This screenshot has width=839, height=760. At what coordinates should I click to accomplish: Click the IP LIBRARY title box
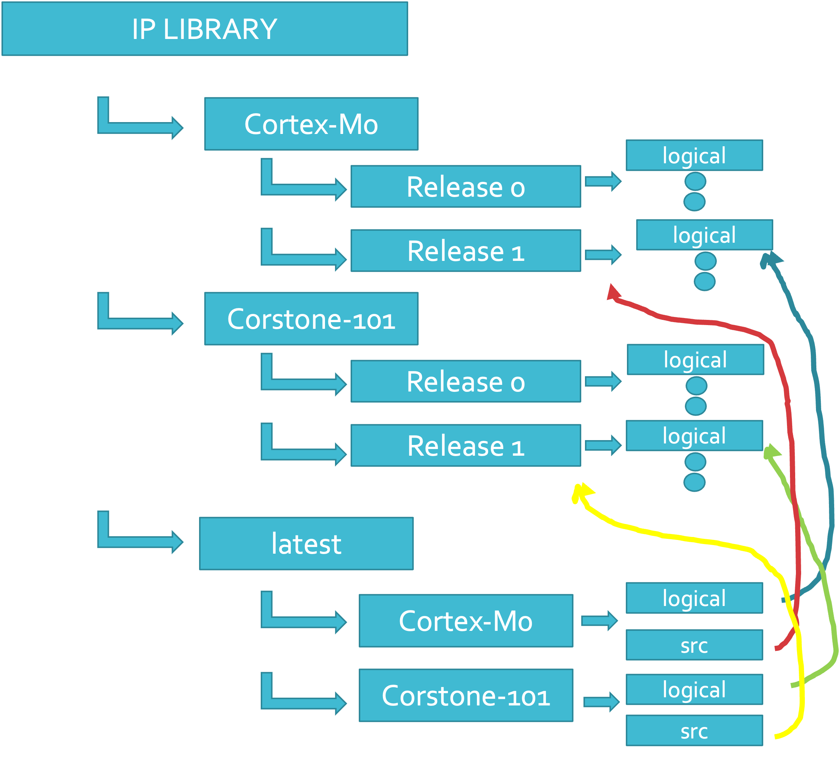205,29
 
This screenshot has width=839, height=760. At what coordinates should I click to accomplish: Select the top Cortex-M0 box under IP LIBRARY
311,124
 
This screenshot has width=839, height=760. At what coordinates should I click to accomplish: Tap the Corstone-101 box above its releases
311,319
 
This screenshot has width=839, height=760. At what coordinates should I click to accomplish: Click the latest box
306,543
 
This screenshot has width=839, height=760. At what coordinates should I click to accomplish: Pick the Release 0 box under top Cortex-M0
465,186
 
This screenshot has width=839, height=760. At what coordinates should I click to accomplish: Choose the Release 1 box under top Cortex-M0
465,251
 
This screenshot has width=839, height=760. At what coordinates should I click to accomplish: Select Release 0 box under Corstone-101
465,381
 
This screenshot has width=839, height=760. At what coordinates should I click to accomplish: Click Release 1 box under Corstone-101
465,445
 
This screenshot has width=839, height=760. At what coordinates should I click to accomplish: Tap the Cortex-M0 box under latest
466,621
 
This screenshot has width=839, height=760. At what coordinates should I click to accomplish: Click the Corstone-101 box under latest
466,695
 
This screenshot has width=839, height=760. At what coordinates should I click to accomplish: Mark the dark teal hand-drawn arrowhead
773,258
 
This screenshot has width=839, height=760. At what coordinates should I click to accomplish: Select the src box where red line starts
694,645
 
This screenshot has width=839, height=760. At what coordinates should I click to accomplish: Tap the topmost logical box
694,155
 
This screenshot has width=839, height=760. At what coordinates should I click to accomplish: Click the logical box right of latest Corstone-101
694,689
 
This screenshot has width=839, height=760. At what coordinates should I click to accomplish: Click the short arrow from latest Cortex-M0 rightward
599,621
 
